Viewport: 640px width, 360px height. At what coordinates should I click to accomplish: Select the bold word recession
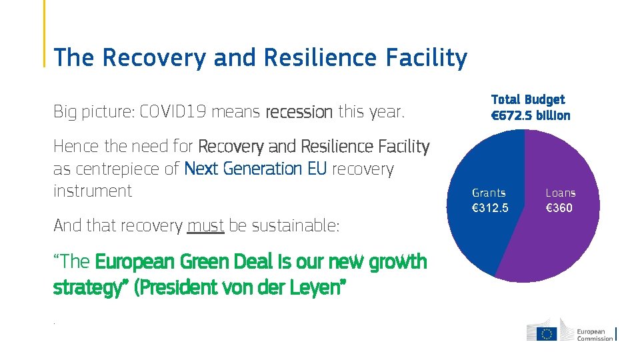tap(299, 112)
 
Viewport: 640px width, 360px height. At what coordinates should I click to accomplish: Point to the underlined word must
tap(205, 226)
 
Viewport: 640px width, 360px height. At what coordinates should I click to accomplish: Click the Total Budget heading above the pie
tap(527, 99)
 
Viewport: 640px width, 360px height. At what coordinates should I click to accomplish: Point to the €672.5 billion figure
tap(531, 115)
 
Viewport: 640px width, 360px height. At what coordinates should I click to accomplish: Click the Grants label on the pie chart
tap(489, 193)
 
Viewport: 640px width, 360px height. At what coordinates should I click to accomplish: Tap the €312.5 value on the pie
tap(490, 208)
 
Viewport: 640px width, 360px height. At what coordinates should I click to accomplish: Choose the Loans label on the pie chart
tap(560, 193)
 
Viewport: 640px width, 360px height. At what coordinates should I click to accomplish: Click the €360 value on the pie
tap(559, 208)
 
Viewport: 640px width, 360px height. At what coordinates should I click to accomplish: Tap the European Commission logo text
tap(595, 335)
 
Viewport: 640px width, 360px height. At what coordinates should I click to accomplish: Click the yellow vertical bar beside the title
tap(45, 33)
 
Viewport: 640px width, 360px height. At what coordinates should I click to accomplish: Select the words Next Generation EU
tap(255, 169)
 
